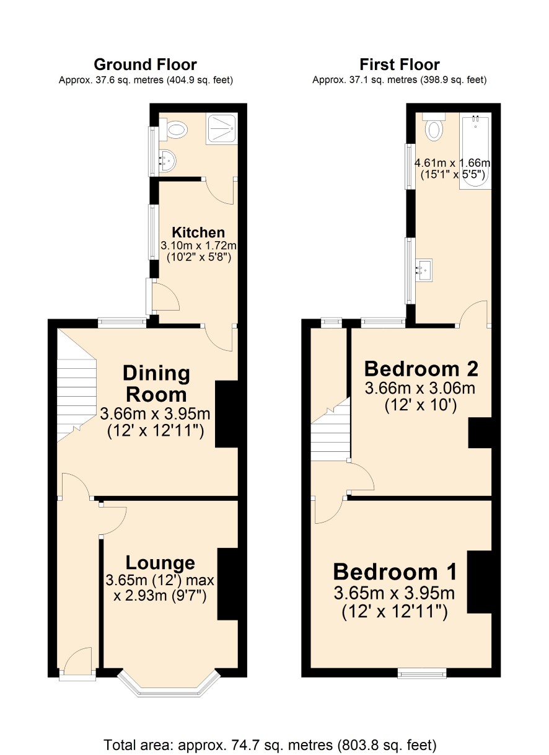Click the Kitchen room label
pos(198,232)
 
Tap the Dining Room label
pos(156,384)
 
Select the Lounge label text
pos(160,563)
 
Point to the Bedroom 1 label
pos(395,572)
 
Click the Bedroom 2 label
pos(421,369)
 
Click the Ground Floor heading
pos(145,64)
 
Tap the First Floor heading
pos(400,64)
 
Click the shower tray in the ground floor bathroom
pos(221,128)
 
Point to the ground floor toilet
pos(173,129)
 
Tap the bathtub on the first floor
pos(475,151)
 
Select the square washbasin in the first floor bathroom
pos(424,270)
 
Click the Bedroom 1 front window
pos(422,674)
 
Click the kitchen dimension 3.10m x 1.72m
pos(198,245)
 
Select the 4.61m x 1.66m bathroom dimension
pos(452,164)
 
